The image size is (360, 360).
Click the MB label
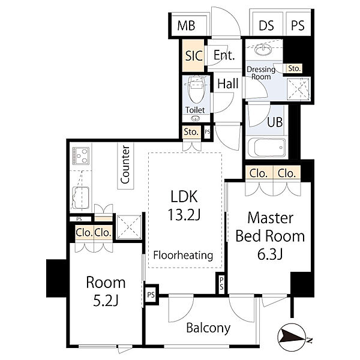click(x=186, y=25)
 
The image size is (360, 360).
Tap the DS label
click(x=266, y=25)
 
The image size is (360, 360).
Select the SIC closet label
click(x=194, y=56)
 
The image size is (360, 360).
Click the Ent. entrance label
click(x=224, y=55)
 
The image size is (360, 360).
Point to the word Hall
click(x=228, y=83)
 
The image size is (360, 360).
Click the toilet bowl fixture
click(x=197, y=89)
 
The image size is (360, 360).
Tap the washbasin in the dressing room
click(x=263, y=50)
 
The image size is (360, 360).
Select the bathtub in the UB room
click(x=267, y=148)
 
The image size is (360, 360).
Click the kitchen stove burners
click(x=80, y=155)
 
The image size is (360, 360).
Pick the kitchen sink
click(x=80, y=197)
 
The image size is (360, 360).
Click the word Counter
click(x=125, y=164)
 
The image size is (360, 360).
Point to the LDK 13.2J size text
click(x=184, y=205)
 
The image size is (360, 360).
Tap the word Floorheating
click(x=183, y=256)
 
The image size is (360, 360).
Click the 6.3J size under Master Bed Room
click(x=270, y=254)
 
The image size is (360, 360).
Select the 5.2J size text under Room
click(x=106, y=301)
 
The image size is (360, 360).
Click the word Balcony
click(x=208, y=328)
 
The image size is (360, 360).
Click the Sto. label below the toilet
click(x=191, y=132)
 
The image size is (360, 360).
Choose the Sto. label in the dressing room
click(x=294, y=68)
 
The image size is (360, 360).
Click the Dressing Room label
click(x=261, y=73)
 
